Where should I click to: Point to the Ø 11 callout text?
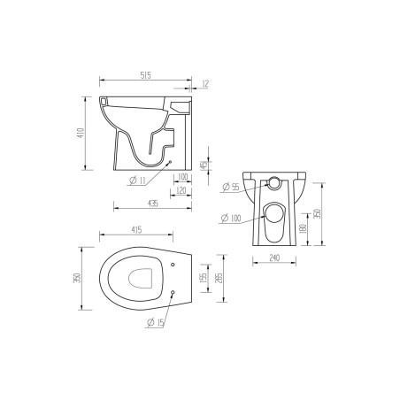[x=139, y=181]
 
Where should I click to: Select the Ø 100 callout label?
[x=231, y=218]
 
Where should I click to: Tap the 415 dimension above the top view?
[x=137, y=231]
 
